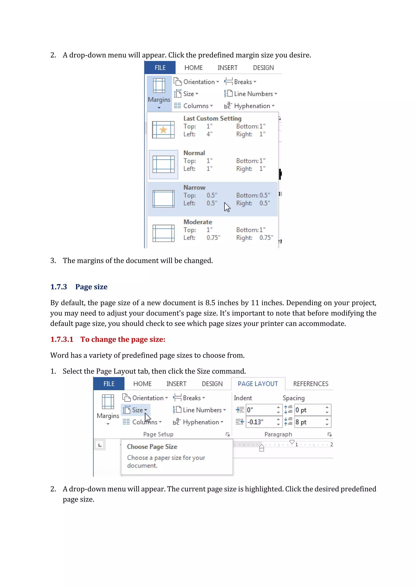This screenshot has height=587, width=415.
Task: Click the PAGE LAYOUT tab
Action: tap(258, 384)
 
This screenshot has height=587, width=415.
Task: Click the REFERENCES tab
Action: tap(310, 384)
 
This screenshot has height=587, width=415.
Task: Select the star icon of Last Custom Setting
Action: tap(163, 130)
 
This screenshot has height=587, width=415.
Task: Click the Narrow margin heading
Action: tap(194, 187)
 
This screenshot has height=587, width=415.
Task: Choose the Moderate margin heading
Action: tap(198, 222)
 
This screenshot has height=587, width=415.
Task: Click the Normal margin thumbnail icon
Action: tap(164, 164)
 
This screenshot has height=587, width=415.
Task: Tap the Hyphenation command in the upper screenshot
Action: tap(252, 106)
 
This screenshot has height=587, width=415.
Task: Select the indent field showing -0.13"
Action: tap(261, 422)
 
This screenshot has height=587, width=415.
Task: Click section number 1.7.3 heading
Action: tap(59, 287)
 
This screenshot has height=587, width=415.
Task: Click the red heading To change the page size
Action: tap(123, 339)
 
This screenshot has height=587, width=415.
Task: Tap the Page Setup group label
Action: tap(158, 434)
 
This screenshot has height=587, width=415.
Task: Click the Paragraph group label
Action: tap(278, 434)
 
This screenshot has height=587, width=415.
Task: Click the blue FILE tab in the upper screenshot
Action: tap(160, 68)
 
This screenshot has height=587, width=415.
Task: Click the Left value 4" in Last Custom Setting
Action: tap(209, 134)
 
